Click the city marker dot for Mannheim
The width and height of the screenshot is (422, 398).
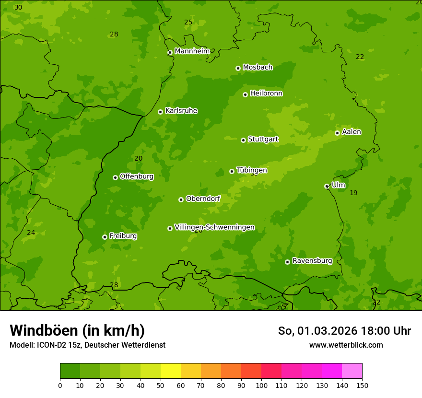[170, 53]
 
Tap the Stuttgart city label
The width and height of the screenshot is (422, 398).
[263, 140]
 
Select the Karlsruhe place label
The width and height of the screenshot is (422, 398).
[181, 111]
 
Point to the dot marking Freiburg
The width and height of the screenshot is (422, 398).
[105, 237]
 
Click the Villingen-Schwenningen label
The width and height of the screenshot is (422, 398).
[214, 227]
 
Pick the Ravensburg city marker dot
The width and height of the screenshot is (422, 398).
[287, 262]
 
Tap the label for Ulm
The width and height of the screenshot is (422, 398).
[338, 185]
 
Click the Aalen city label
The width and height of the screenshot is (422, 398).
[352, 132]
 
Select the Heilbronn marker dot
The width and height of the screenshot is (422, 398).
[245, 94]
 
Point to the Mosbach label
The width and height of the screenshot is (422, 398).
[258, 68]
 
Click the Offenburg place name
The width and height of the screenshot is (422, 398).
[137, 176]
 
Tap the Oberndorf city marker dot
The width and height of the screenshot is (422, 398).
[181, 199]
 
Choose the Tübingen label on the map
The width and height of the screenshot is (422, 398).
[252, 170]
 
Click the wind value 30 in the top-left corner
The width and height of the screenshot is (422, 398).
[18, 8]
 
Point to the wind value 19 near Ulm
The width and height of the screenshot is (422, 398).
[353, 193]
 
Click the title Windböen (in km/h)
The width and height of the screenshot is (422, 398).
[77, 330]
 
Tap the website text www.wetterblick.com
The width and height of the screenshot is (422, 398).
[346, 345]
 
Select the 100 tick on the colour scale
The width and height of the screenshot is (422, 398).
[261, 385]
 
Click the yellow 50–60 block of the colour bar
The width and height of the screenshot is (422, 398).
[171, 371]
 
